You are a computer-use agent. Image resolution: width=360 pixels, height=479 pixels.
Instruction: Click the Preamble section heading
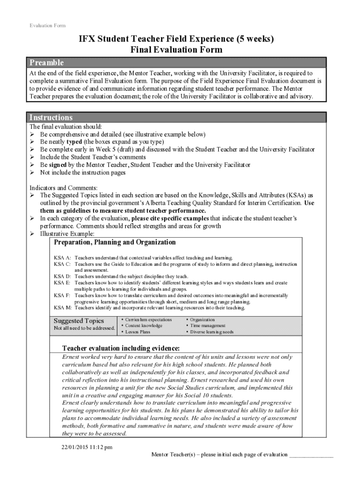[x=47, y=63]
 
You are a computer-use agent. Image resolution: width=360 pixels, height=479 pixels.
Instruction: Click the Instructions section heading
[x=51, y=117]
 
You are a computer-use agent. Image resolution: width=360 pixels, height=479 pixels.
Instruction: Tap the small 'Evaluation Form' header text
[x=48, y=25]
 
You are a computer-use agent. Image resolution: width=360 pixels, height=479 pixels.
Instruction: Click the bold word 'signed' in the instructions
[x=57, y=165]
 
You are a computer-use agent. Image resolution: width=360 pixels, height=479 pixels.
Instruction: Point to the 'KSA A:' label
[x=62, y=258]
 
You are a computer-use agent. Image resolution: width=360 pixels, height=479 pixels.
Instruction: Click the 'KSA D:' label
[x=62, y=276]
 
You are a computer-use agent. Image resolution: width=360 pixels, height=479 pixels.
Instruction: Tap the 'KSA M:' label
[x=63, y=308]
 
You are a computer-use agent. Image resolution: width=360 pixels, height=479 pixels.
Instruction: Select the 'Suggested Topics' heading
[x=79, y=321]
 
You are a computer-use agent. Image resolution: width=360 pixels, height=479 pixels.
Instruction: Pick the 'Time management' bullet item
[x=208, y=326]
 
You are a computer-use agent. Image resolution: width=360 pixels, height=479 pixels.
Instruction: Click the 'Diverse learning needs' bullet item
[x=211, y=332]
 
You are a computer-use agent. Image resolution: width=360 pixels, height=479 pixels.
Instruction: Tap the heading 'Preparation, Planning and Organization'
[x=115, y=242]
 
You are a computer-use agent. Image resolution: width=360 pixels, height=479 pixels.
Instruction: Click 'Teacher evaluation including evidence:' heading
[x=121, y=348]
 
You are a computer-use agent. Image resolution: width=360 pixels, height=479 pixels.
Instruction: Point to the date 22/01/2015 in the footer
[x=70, y=447]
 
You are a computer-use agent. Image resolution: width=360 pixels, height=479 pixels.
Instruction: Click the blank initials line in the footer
[x=311, y=455]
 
